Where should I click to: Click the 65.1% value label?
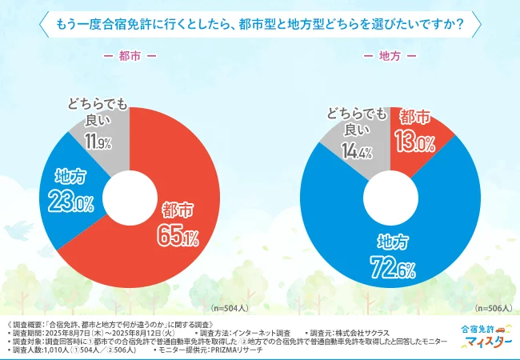coord(177,237)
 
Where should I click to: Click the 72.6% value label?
coord(390,264)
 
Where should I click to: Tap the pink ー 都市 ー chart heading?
coord(130,57)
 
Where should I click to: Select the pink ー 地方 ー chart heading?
coord(390,57)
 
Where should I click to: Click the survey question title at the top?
coord(260,23)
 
